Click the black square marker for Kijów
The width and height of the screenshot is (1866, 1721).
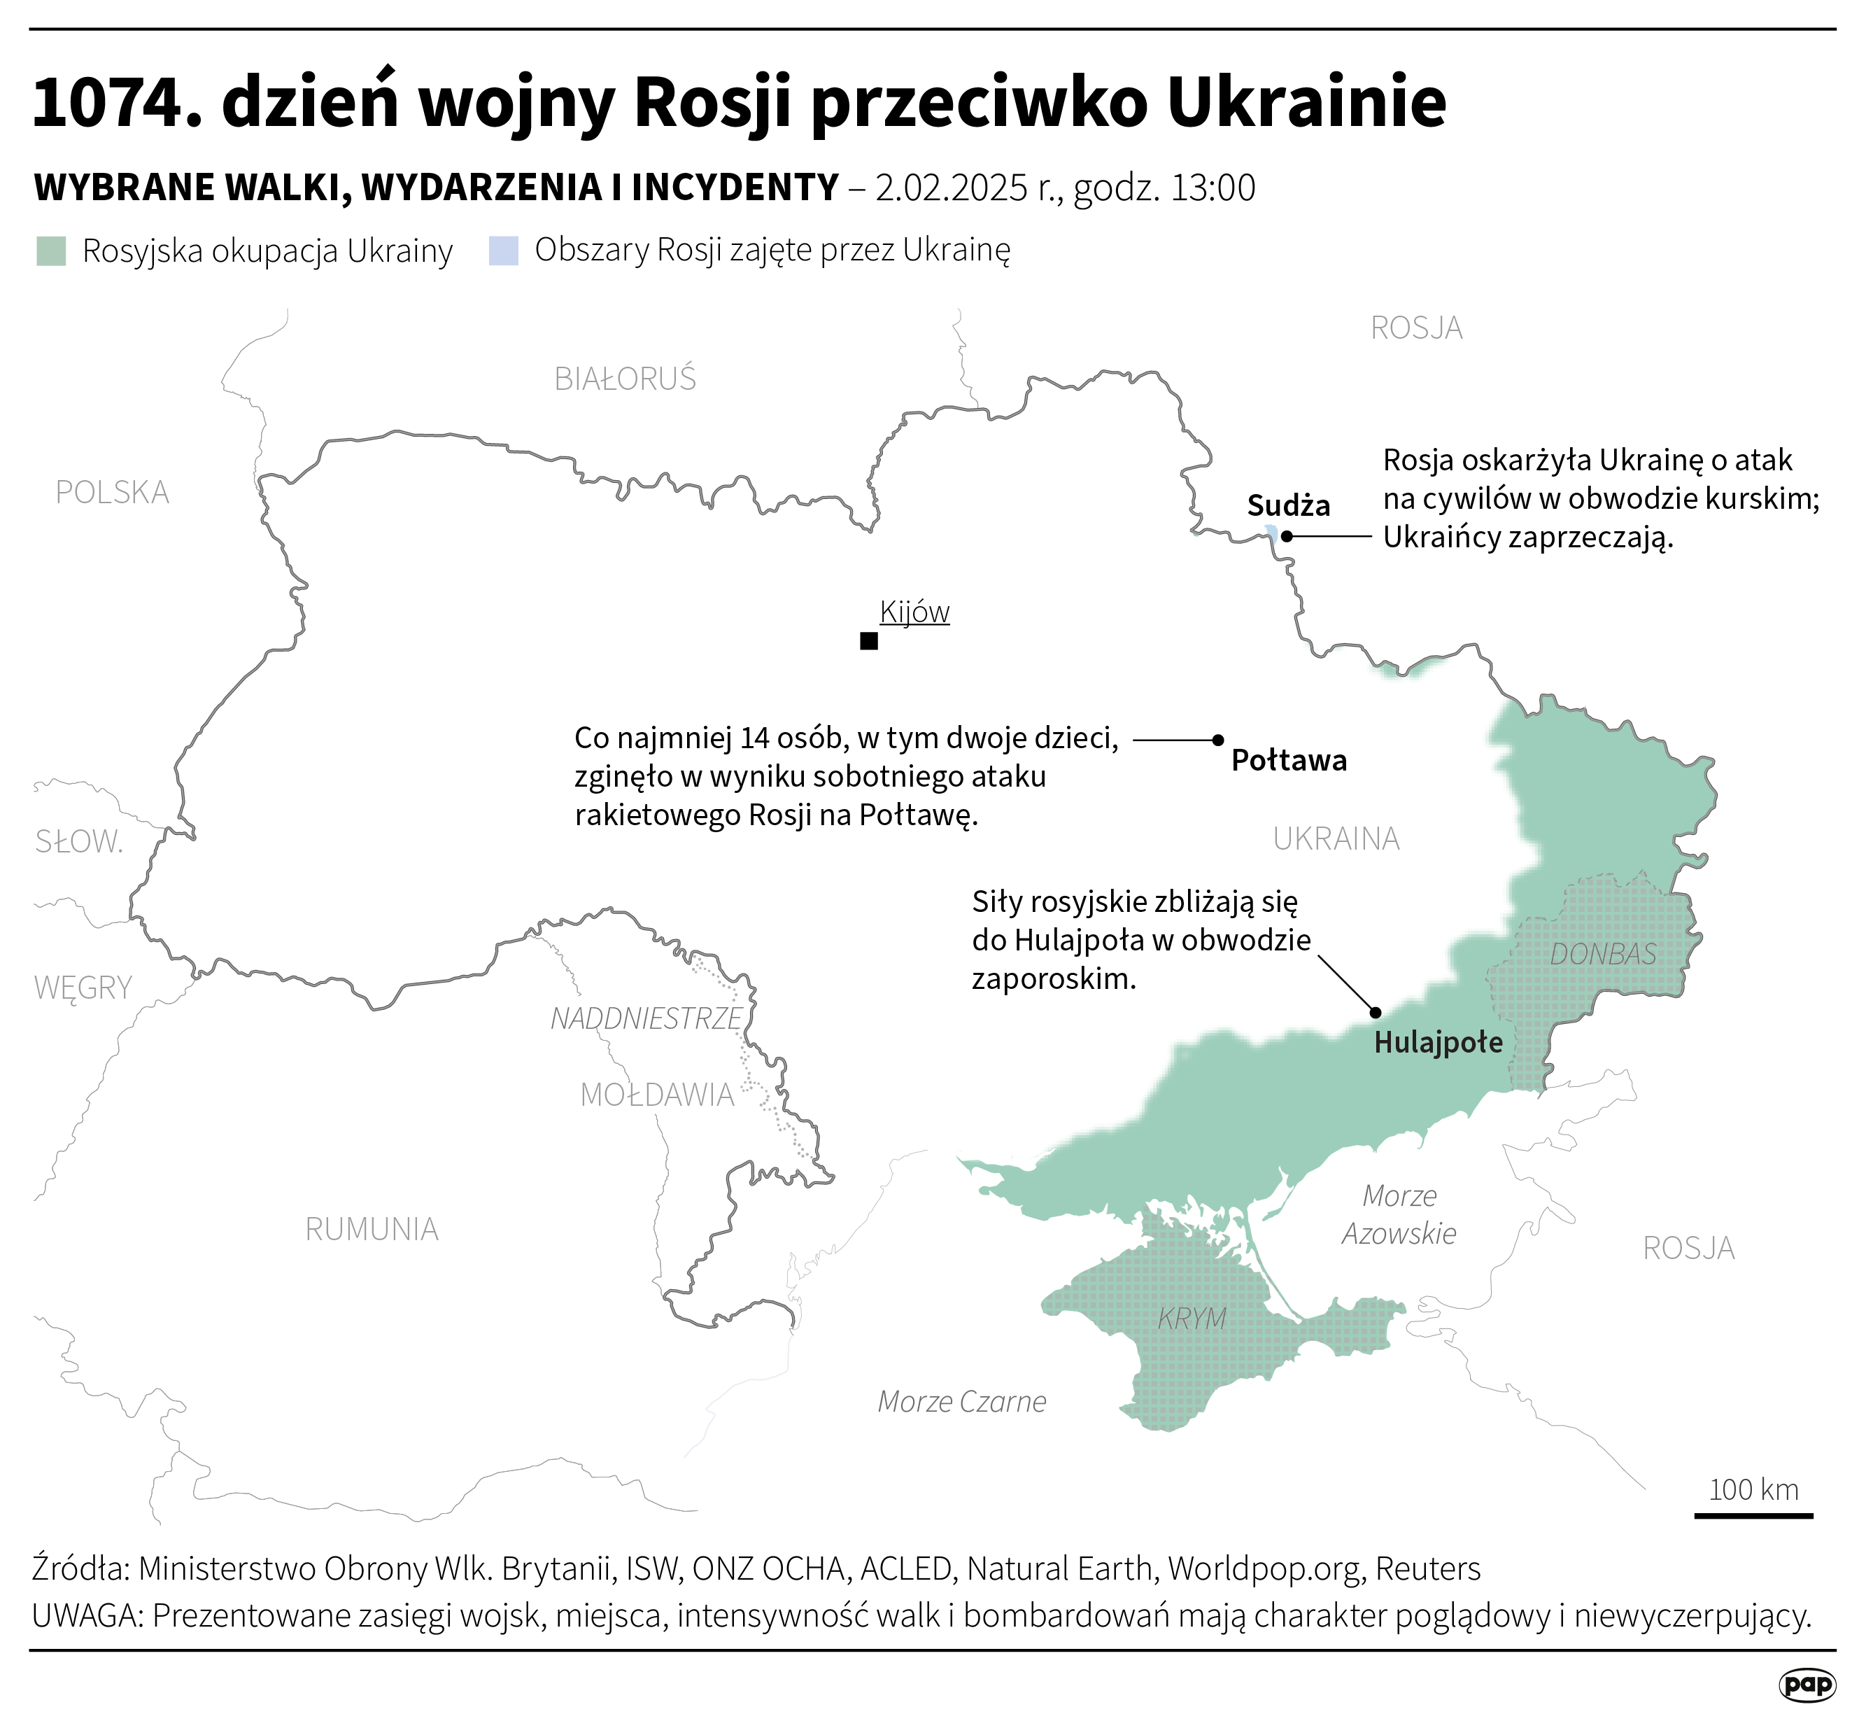pyautogui.click(x=869, y=640)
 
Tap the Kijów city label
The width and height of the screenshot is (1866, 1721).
pyautogui.click(x=914, y=612)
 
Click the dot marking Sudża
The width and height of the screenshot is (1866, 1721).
pyautogui.click(x=1286, y=535)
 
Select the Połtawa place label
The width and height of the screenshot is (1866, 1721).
pyautogui.click(x=1289, y=761)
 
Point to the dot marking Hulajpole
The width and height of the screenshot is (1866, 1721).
pyautogui.click(x=1376, y=1012)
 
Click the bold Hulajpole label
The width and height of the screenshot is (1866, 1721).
pyautogui.click(x=1438, y=1042)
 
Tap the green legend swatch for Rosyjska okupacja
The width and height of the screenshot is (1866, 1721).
pyautogui.click(x=51, y=251)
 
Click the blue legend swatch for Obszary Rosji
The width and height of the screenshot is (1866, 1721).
pyautogui.click(x=503, y=251)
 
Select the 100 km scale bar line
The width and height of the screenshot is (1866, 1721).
pyautogui.click(x=1753, y=1516)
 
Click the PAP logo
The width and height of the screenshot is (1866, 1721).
pyautogui.click(x=1807, y=1684)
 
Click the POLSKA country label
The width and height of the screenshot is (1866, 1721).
pyautogui.click(x=112, y=492)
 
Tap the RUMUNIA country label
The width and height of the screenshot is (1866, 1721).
pyautogui.click(x=372, y=1229)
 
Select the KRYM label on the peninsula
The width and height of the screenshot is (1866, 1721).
pyautogui.click(x=1192, y=1319)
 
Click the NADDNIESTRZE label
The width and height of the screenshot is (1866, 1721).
pyautogui.click(x=645, y=1019)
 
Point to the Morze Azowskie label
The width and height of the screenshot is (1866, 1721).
pyautogui.click(x=1399, y=1214)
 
